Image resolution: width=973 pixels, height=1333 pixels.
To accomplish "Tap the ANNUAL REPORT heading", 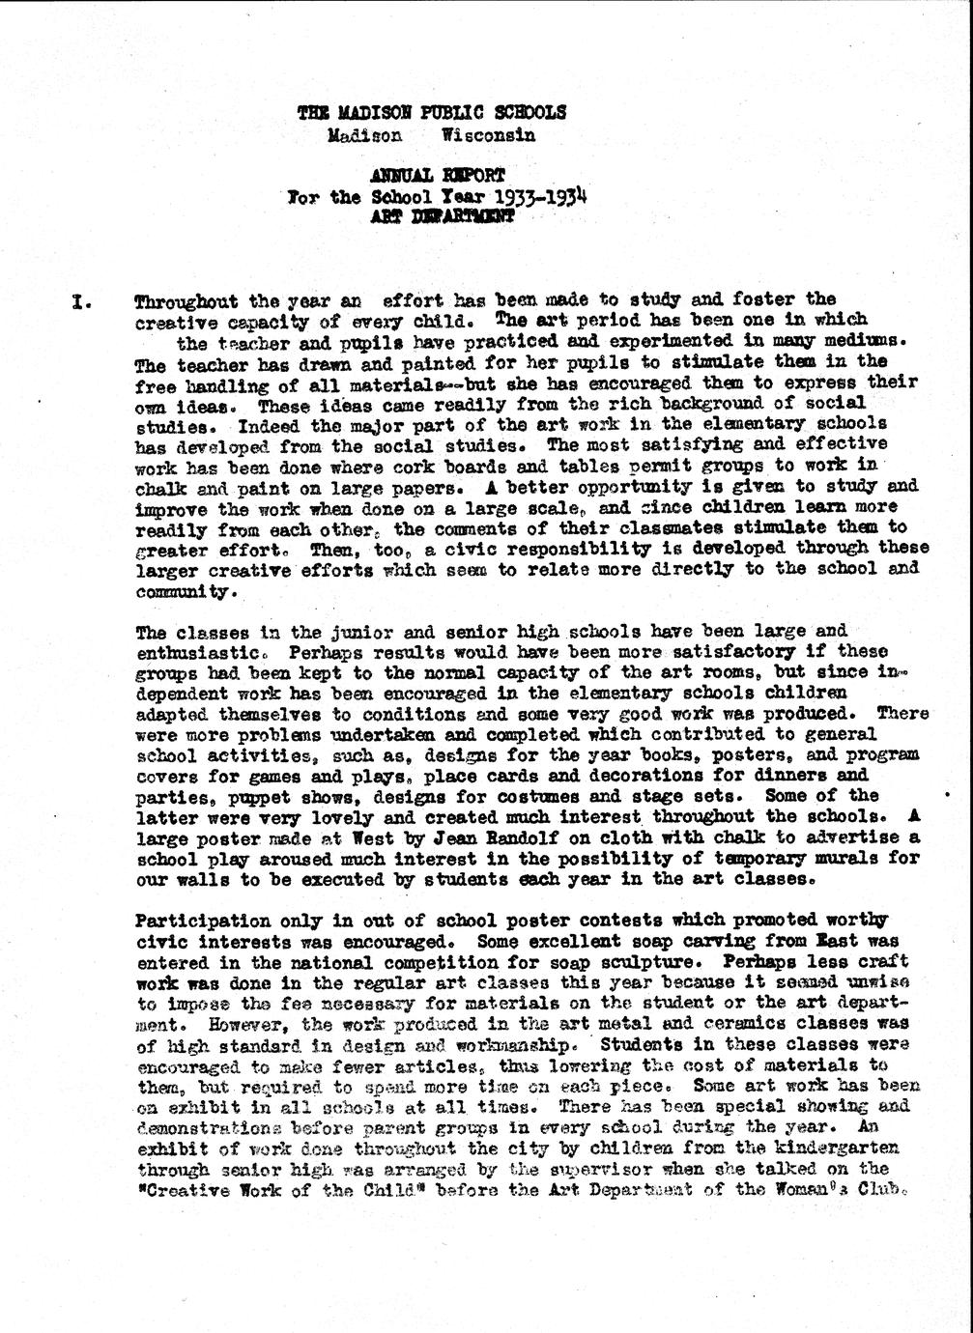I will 437,176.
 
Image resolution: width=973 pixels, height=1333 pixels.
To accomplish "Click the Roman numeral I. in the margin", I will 83,300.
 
